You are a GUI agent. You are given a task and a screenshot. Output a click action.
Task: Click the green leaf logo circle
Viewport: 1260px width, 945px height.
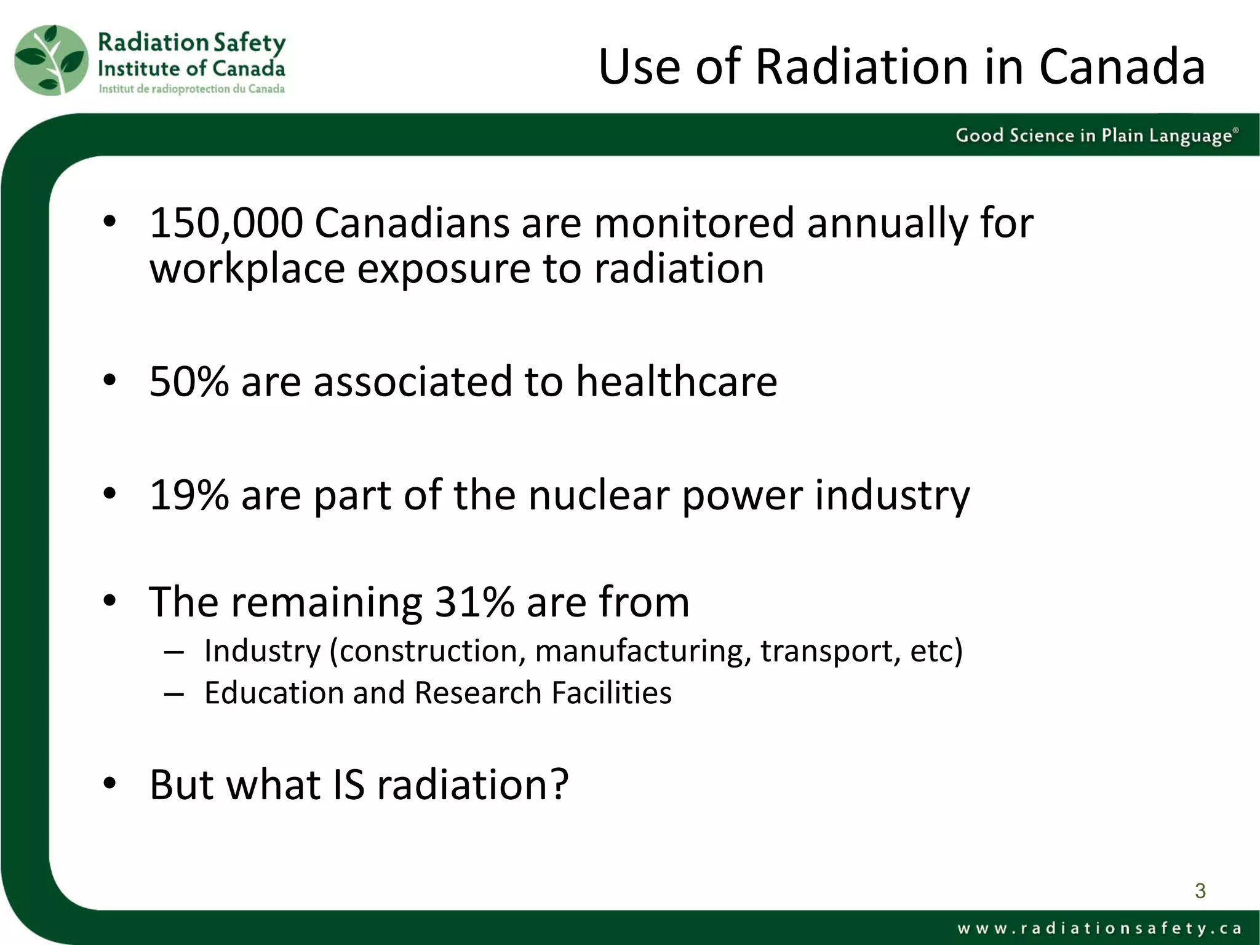tap(52, 60)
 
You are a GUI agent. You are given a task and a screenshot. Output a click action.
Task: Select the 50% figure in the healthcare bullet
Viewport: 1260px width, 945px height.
tap(189, 381)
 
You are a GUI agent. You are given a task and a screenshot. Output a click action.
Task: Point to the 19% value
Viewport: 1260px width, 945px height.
tap(189, 495)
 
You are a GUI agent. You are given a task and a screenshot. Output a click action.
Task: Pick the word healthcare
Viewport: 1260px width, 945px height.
tap(676, 381)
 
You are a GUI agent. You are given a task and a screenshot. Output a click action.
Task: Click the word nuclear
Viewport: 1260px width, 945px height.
tap(598, 495)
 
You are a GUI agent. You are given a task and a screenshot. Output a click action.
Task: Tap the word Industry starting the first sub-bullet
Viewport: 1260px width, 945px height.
tap(263, 651)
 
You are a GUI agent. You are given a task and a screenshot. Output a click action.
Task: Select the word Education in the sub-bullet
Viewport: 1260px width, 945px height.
tap(273, 693)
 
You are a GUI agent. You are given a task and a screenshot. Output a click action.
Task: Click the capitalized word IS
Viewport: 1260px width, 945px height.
tap(348, 785)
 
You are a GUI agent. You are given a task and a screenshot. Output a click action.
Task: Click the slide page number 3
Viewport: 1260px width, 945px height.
tap(1200, 890)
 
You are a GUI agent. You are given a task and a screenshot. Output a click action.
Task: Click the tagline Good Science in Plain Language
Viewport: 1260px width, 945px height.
tap(1095, 135)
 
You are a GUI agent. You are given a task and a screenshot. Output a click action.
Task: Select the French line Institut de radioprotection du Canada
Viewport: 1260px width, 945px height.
tap(192, 89)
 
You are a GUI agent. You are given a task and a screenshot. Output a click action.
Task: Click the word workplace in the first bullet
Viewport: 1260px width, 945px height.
tap(247, 269)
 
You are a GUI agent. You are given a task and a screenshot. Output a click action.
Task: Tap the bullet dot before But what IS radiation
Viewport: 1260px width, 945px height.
tap(110, 784)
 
